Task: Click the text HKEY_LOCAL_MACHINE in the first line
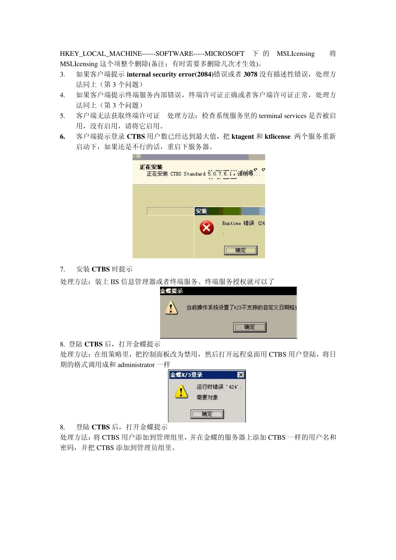[101, 54]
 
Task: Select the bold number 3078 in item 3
[251, 75]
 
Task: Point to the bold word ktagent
[243, 137]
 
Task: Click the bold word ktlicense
[278, 137]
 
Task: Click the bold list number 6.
[63, 137]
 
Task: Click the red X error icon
[206, 227]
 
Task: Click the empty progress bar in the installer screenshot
[170, 211]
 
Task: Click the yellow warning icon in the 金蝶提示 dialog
[171, 308]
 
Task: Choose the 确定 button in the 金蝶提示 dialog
[249, 327]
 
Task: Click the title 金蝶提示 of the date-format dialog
[172, 291]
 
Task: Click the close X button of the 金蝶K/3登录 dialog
[241, 375]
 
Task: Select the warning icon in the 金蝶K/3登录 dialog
[181, 391]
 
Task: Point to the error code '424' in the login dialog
[233, 387]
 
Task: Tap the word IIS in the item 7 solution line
[115, 282]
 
